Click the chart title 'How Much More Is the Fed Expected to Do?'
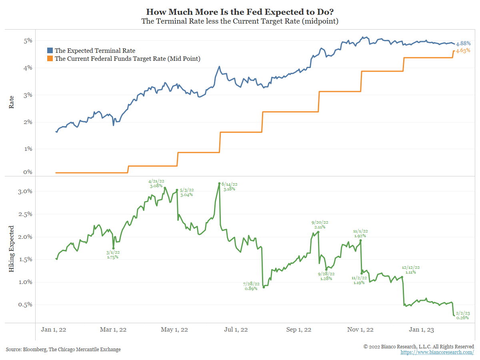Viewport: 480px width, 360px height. coord(240,12)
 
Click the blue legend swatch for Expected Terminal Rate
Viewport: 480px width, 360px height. coord(50,51)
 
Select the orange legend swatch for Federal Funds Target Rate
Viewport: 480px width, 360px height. coord(50,59)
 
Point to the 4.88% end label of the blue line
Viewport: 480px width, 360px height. coord(463,43)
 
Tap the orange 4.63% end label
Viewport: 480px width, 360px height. coord(463,51)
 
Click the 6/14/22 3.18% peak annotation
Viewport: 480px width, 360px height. coord(230,186)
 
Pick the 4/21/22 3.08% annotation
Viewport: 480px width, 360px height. coord(156,183)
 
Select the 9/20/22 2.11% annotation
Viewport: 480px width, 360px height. coord(320,224)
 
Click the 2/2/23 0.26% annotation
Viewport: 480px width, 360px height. coord(463,315)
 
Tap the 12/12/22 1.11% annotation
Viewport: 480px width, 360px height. coord(411,270)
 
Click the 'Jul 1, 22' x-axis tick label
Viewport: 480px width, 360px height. coord(236,330)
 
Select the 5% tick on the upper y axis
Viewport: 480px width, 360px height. coord(28,40)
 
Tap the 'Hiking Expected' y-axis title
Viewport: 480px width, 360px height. coord(12,249)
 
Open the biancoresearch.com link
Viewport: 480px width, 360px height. coord(437,352)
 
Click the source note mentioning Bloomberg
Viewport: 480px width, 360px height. coord(63,349)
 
